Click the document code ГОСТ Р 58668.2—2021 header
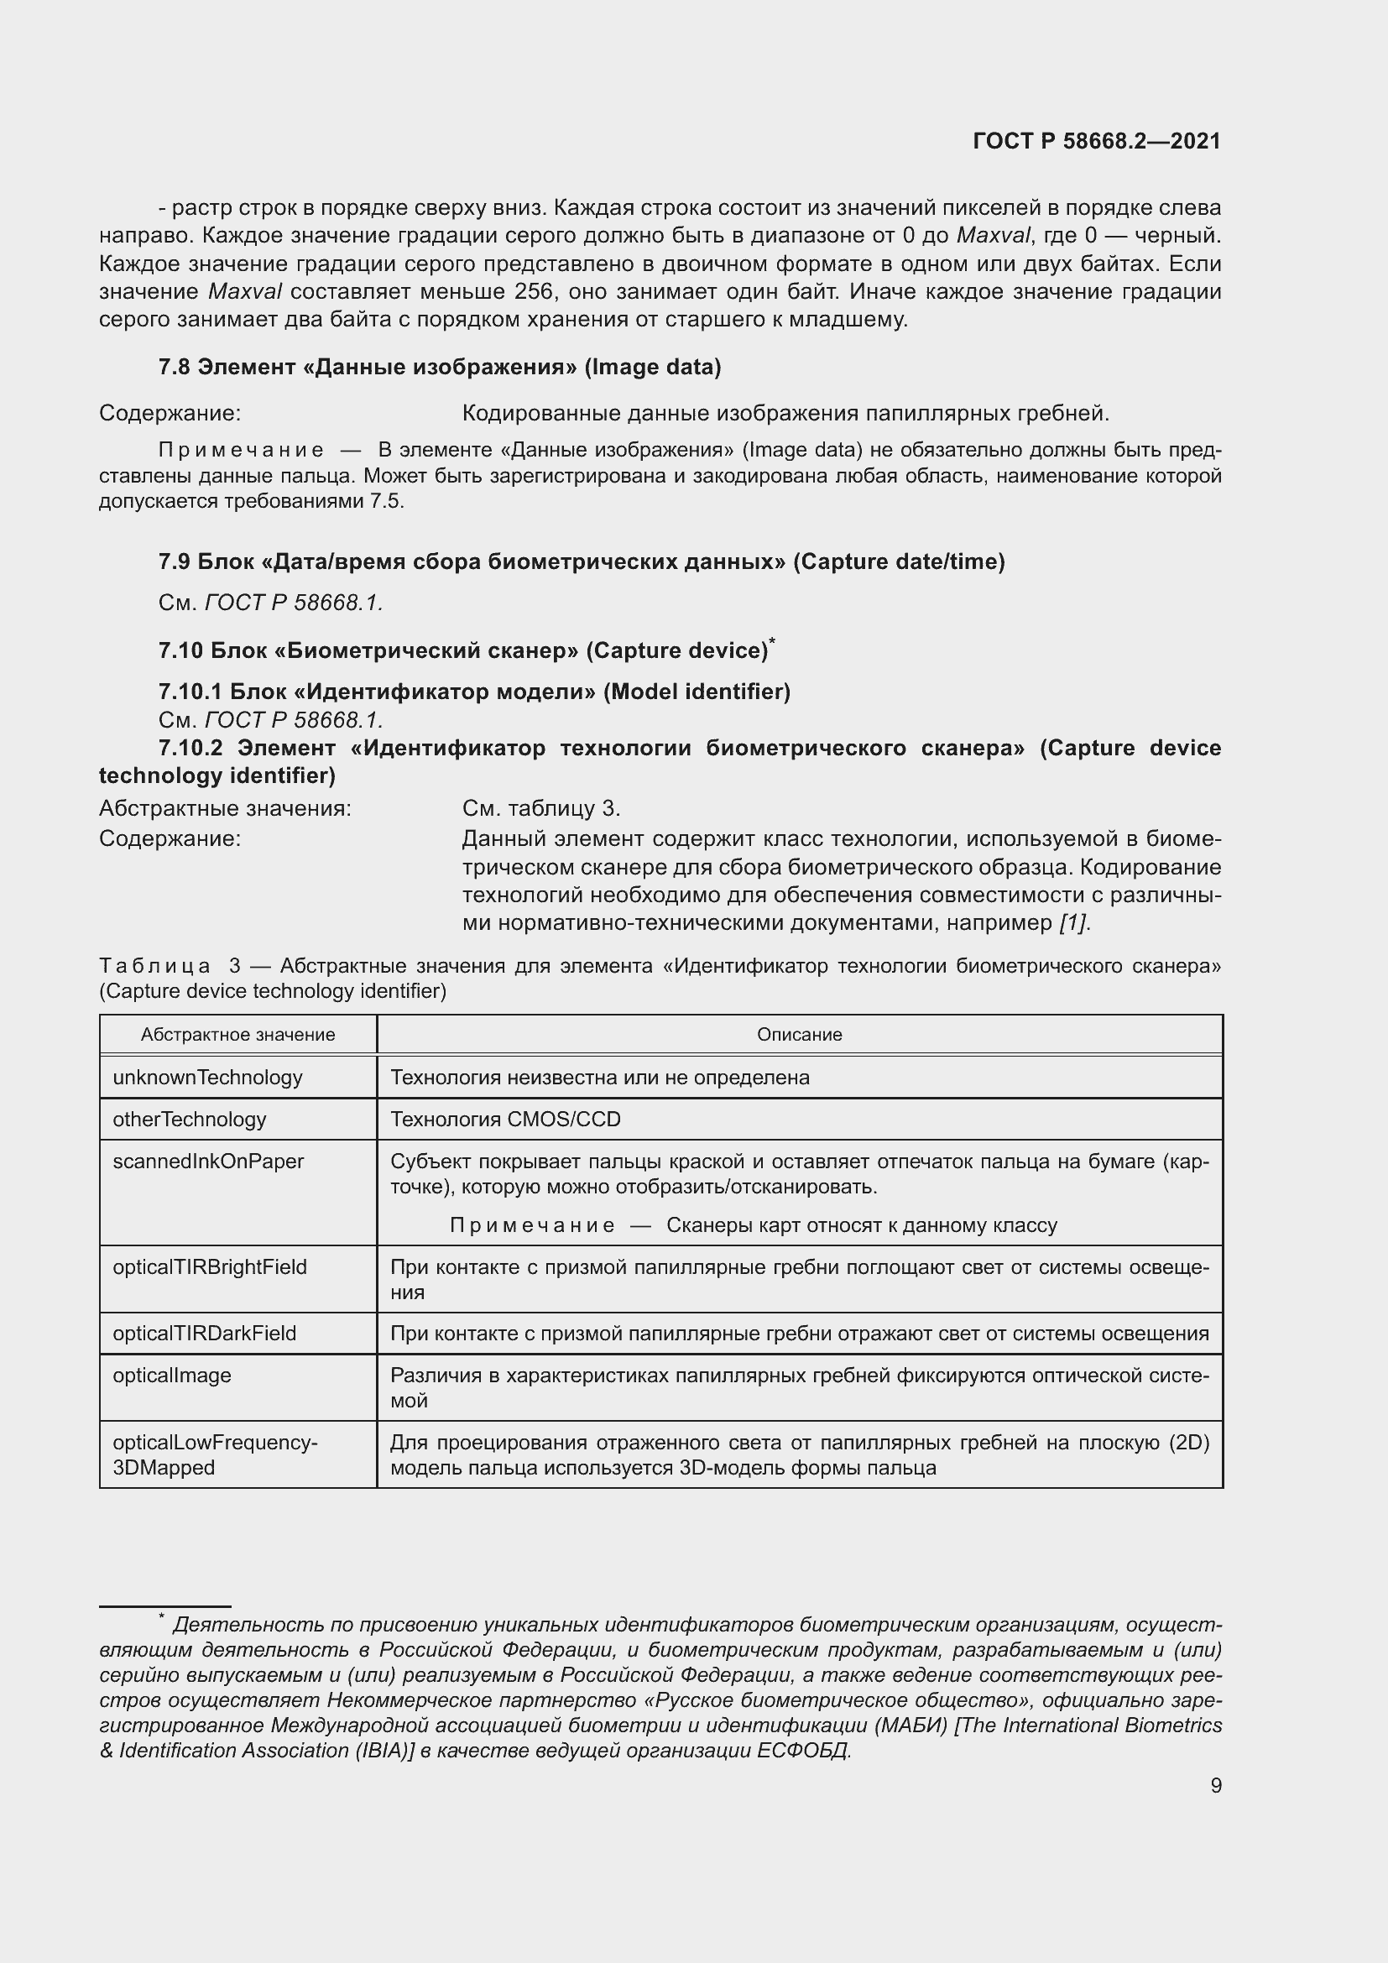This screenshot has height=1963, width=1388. [x=1097, y=141]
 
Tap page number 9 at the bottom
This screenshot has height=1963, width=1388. [x=1215, y=1785]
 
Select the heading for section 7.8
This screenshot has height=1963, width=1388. [x=439, y=367]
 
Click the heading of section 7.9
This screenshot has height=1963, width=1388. [x=582, y=561]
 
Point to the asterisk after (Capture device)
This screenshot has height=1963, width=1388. [x=772, y=640]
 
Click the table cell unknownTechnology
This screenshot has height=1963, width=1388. [x=207, y=1078]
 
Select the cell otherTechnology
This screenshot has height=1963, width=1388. [x=190, y=1120]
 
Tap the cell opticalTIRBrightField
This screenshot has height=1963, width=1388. [x=210, y=1266]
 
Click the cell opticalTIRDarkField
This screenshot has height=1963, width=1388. [x=204, y=1333]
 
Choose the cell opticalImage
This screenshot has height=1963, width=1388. [x=172, y=1375]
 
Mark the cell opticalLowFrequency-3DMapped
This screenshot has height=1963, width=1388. [x=215, y=1454]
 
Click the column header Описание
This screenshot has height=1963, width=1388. [x=799, y=1035]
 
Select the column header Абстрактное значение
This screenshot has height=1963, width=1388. [x=237, y=1035]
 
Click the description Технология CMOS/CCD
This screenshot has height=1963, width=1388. [x=505, y=1120]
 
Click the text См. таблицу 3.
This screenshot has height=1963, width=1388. [x=541, y=808]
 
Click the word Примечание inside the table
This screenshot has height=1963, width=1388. [x=531, y=1225]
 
